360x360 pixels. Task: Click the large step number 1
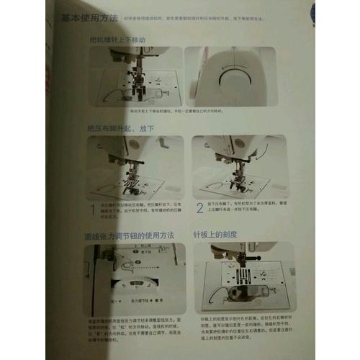91,209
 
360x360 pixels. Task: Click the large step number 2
199,209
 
